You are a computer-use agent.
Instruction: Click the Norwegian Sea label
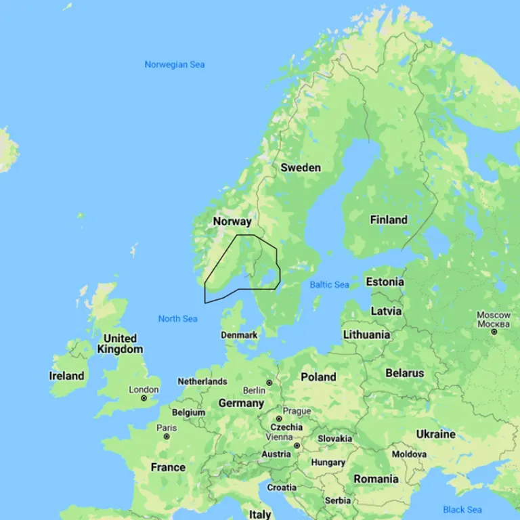coord(174,65)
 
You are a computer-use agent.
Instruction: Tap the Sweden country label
coord(301,167)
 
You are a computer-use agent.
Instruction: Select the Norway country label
coord(232,221)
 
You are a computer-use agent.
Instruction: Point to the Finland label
coord(389,219)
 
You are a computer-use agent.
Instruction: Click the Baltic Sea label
coord(329,284)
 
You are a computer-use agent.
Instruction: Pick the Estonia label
coord(385,282)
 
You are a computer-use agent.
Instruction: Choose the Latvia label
coord(386,311)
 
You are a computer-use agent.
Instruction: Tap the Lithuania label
coord(366,334)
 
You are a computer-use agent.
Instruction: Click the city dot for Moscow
coord(494,332)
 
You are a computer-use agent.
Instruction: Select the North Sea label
coord(177,319)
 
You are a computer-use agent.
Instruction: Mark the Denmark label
coord(239,335)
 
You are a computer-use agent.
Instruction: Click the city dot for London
coord(144,398)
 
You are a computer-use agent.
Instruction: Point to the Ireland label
coord(67,376)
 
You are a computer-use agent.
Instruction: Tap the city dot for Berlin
coord(269,383)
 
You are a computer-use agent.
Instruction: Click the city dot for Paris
coord(167,437)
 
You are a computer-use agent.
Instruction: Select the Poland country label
coord(318,376)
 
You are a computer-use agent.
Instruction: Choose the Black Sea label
coord(462,509)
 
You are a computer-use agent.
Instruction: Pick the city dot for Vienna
coord(297,446)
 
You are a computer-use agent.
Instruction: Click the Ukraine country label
coord(435,433)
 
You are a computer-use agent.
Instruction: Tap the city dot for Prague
coord(279,419)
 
